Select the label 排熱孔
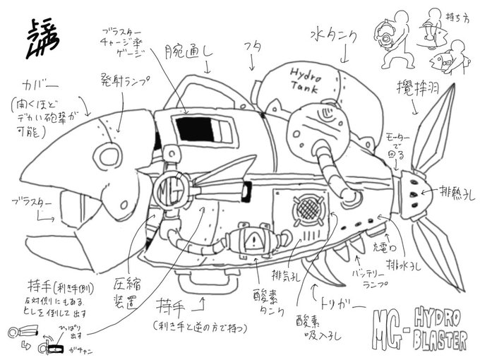click(x=443, y=191)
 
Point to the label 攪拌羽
click(x=414, y=89)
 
